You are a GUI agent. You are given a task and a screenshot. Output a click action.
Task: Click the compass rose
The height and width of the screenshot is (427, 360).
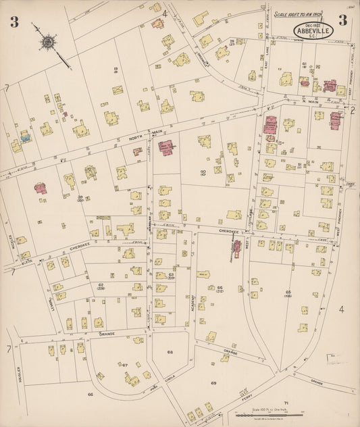49,43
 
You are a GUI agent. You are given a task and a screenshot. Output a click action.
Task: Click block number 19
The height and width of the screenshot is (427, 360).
116,70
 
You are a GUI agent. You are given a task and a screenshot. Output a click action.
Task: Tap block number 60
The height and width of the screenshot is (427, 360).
203,174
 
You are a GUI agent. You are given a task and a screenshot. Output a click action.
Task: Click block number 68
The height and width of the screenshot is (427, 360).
170,352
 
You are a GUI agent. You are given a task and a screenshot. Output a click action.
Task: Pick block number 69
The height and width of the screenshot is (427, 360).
213,383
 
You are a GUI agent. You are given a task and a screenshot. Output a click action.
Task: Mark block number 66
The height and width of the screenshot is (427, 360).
89,393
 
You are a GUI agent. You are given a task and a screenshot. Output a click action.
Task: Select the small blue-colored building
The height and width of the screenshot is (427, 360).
26,137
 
